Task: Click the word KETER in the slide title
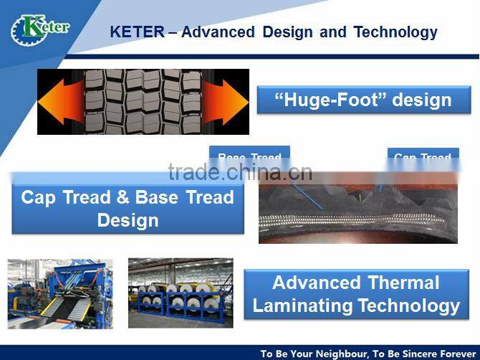136,32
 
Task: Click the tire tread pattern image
143,102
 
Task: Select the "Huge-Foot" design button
364,100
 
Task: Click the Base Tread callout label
249,157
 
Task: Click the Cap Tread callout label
423,157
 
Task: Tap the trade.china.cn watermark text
240,172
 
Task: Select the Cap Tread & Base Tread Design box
128,209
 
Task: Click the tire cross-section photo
357,208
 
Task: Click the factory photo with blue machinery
60,293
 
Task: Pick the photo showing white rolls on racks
180,293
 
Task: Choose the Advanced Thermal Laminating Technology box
356,294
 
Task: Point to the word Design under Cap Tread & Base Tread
128,220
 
